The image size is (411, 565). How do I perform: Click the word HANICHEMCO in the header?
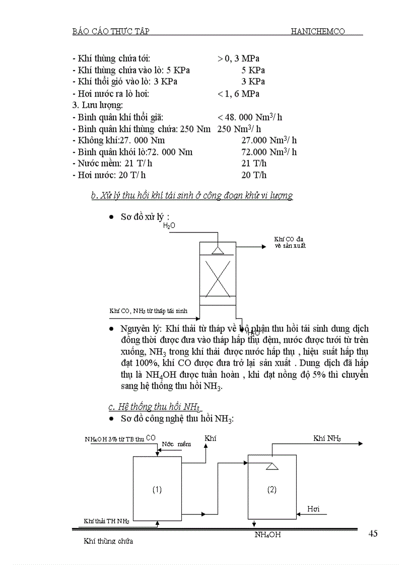[318, 31]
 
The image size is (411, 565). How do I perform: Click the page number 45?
[373, 534]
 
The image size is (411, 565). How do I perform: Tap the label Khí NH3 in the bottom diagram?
[327, 439]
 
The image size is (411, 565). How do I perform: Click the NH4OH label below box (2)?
[267, 535]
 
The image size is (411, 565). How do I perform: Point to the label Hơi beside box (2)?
[313, 509]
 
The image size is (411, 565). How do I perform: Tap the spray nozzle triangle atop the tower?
[218, 250]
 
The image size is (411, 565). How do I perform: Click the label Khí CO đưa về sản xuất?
[290, 243]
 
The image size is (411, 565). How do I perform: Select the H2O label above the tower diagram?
[169, 226]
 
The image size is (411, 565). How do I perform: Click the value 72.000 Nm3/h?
[269, 152]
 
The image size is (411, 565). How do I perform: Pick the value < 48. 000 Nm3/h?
[250, 117]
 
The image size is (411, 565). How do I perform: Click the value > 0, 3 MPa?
[238, 59]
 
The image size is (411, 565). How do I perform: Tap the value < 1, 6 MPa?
[238, 94]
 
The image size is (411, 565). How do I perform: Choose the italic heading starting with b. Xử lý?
[192, 196]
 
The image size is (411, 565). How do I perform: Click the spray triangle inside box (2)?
[272, 466]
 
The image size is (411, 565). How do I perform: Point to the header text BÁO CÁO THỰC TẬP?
[111, 31]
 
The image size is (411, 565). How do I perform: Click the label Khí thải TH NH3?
[106, 522]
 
